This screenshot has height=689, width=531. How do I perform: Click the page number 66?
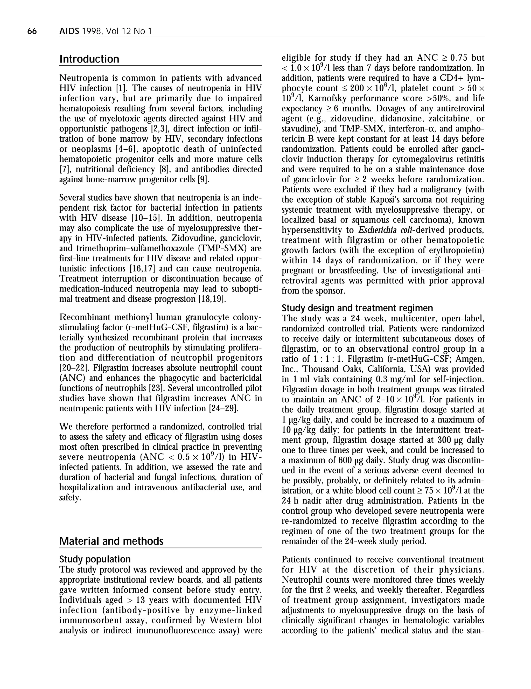pos(32,31)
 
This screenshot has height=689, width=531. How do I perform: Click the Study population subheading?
pos(95,559)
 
